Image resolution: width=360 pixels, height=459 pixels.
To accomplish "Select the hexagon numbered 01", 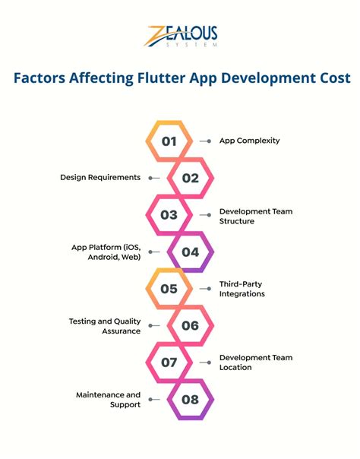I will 169,141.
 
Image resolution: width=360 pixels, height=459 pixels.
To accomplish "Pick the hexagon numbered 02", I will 190,178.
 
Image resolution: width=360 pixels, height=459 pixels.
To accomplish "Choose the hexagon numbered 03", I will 169,215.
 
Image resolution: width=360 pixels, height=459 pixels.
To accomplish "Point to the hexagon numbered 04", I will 190,252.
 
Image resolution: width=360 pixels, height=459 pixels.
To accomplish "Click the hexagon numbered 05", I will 169,289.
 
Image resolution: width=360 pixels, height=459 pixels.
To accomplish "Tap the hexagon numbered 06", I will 190,325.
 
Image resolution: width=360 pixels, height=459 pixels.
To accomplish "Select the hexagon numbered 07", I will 169,362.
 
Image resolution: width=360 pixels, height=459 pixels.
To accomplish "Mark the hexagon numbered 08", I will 190,399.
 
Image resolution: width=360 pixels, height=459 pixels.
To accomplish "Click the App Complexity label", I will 250,141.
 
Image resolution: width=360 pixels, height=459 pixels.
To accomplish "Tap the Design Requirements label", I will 100,177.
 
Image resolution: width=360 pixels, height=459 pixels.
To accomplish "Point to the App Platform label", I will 106,252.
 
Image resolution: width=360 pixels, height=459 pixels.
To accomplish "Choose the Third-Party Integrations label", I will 242,290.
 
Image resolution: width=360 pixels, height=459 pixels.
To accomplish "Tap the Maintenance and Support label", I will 108,400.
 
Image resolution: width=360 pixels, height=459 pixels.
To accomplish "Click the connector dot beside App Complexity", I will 209,141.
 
